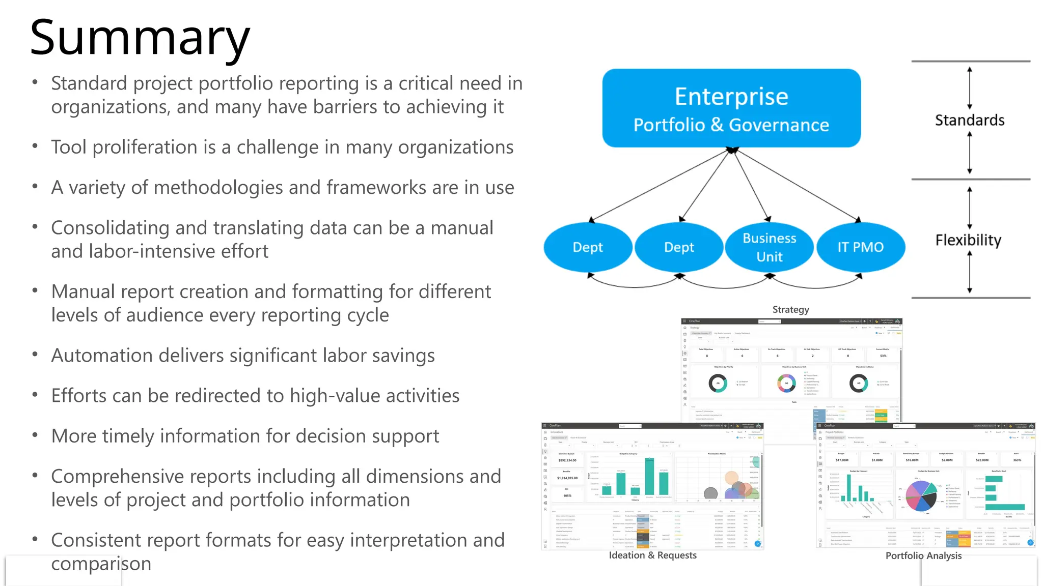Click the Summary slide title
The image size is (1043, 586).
coord(140,38)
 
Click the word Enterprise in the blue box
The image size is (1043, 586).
coord(731,97)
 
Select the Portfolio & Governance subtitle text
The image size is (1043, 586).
coord(731,125)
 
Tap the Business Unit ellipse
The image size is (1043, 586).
coord(769,247)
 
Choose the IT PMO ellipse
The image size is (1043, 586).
coord(861,247)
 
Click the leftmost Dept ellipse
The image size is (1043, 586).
coord(588,247)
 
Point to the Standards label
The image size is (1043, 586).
coord(970,121)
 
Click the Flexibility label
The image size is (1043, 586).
coord(968,240)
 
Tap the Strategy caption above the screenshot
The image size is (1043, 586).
coord(790,310)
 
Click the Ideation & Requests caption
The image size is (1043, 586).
coord(652,555)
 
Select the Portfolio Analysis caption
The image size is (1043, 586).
coord(923,556)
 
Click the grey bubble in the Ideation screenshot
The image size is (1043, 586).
coord(710,492)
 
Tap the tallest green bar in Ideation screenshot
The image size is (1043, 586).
coord(649,477)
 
